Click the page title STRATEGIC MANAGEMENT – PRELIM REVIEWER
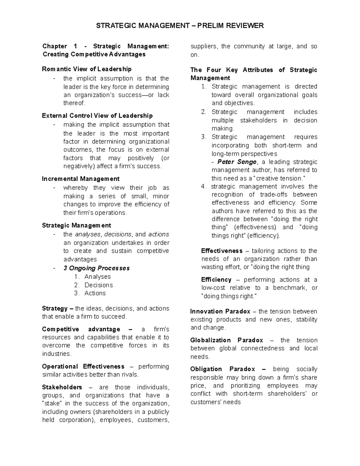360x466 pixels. (x=180, y=26)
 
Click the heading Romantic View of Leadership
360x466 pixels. (x=87, y=69)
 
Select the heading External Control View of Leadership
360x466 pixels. (x=97, y=116)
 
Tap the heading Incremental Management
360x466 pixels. (x=81, y=179)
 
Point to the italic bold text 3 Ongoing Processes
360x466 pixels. (x=96, y=268)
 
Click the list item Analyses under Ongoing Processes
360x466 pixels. (x=97, y=277)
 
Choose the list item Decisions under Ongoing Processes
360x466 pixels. (x=99, y=285)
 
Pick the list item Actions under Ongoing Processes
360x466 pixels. (x=95, y=293)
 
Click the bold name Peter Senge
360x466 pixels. (x=237, y=162)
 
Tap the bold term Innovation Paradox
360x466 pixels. (x=220, y=311)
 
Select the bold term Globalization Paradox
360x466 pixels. (x=226, y=340)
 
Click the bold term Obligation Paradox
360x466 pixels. (x=223, y=369)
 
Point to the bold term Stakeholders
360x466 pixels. (x=62, y=387)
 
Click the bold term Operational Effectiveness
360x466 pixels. (x=83, y=366)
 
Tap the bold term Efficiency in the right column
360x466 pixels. (x=216, y=280)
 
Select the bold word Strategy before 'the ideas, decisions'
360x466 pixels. (x=55, y=308)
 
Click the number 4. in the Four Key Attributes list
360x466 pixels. (x=204, y=187)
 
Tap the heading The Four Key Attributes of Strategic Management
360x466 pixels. (x=253, y=74)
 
